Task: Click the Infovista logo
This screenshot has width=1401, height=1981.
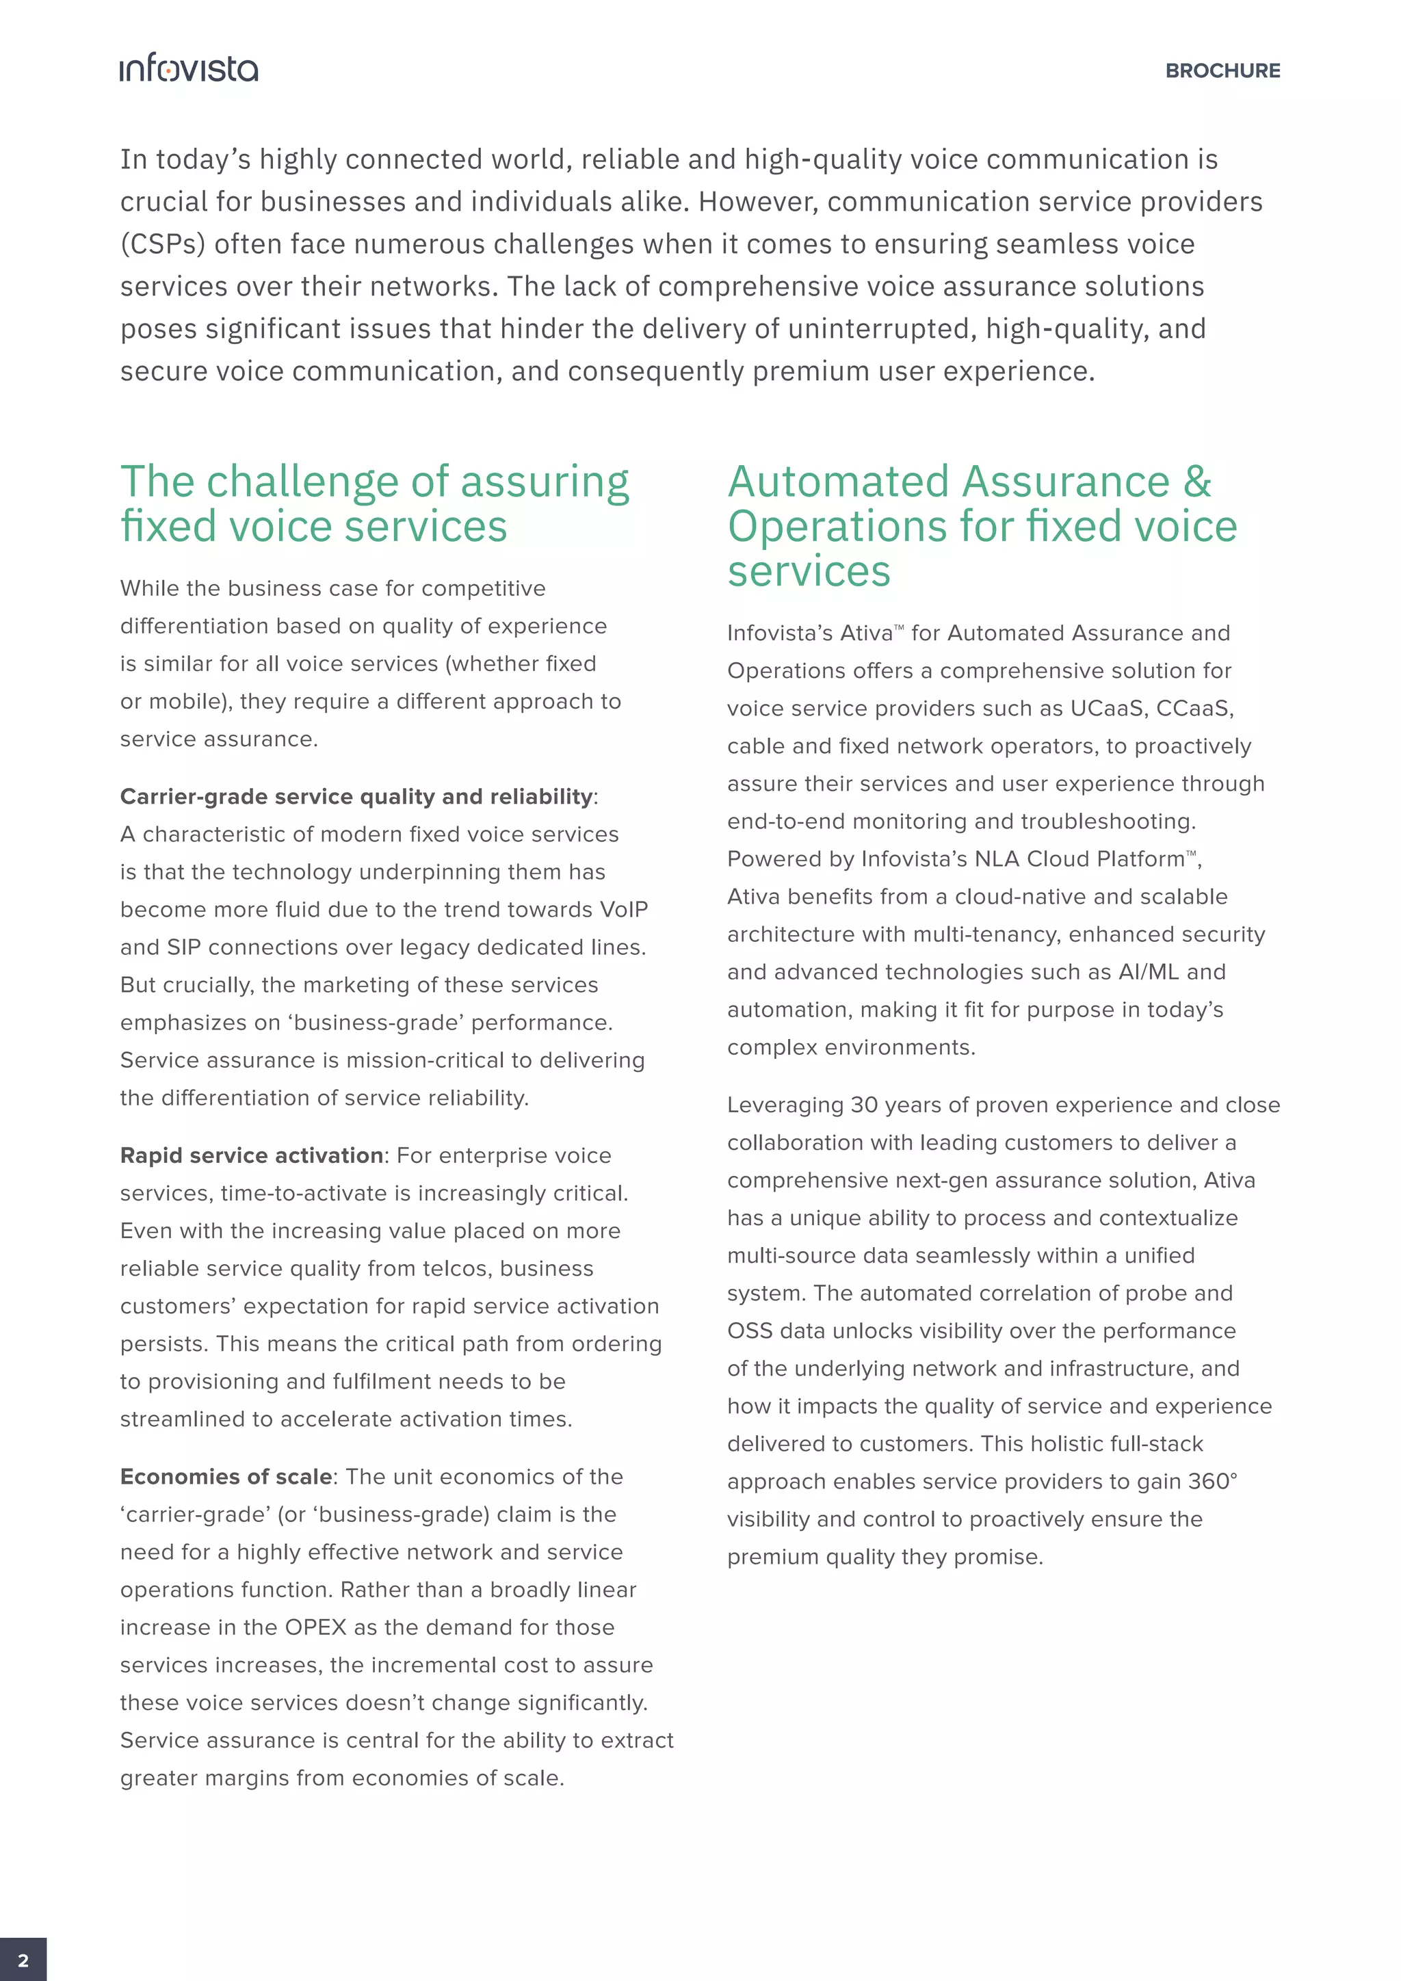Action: (x=189, y=68)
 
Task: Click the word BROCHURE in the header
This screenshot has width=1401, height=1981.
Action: (x=1222, y=70)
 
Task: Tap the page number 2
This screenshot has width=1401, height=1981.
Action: (x=23, y=1959)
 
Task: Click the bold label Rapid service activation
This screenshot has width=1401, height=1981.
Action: (x=251, y=1155)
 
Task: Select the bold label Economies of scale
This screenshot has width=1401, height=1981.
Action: (x=226, y=1476)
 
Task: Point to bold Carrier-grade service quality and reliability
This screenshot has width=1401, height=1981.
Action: (x=356, y=796)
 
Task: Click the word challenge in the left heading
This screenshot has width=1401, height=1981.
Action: (x=304, y=482)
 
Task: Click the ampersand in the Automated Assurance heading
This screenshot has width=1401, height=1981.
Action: (x=1196, y=482)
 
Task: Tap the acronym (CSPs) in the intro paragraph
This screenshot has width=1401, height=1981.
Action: (x=162, y=244)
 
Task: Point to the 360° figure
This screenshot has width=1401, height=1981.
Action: (x=1212, y=1482)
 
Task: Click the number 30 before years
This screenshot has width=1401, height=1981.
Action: (x=863, y=1105)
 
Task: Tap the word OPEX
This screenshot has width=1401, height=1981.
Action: (x=315, y=1627)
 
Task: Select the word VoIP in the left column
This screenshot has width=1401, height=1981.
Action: (x=623, y=909)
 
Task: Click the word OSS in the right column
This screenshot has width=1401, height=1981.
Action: (x=749, y=1331)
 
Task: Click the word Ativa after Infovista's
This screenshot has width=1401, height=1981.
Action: (x=866, y=633)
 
